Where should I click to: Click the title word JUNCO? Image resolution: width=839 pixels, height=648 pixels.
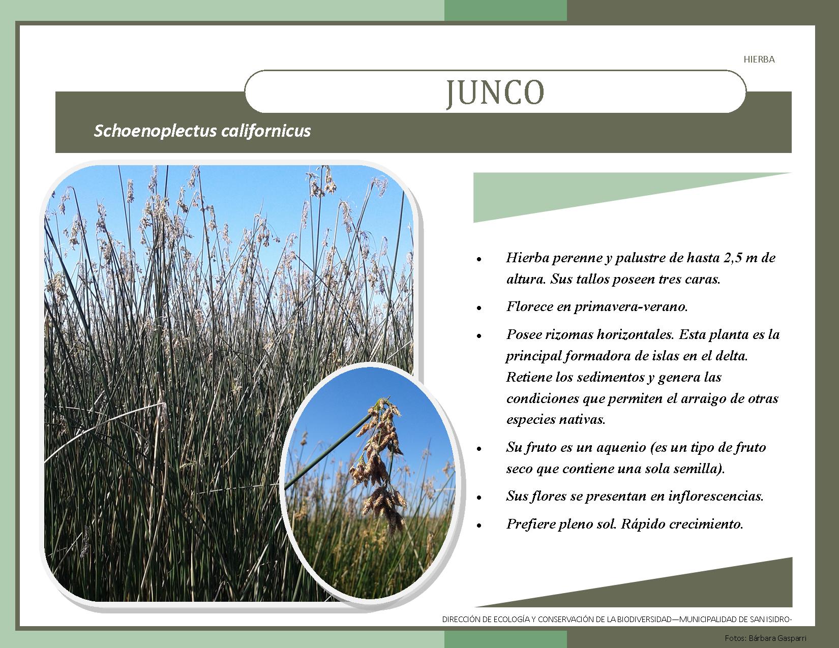click(x=495, y=93)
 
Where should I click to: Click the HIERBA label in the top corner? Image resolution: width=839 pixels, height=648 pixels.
click(x=759, y=59)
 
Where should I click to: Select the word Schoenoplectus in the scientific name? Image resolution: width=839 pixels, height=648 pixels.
click(x=155, y=131)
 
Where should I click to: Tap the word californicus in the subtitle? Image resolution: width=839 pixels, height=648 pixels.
click(x=266, y=131)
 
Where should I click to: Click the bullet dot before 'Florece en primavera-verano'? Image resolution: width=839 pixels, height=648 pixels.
click(x=479, y=308)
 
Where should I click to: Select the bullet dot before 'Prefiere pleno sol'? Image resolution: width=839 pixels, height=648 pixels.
click(x=479, y=526)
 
